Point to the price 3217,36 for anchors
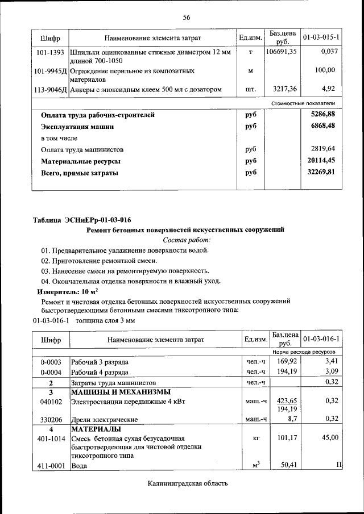[284, 89]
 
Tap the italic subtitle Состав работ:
[186, 240]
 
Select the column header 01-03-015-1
[321, 37]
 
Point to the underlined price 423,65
[287, 400]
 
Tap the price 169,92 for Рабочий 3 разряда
[287, 361]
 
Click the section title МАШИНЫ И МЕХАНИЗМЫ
[121, 392]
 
